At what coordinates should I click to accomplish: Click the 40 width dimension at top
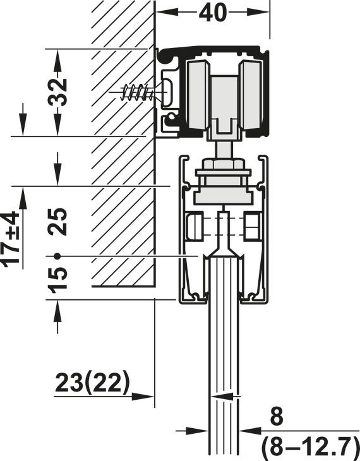pyautogui.click(x=213, y=13)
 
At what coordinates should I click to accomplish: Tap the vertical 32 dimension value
pyautogui.click(x=58, y=92)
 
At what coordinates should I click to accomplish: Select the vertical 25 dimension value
pyautogui.click(x=58, y=222)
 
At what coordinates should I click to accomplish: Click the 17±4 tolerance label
pyautogui.click(x=11, y=239)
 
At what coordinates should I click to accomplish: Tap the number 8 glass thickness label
pyautogui.click(x=277, y=416)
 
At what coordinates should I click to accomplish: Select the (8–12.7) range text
pyautogui.click(x=310, y=448)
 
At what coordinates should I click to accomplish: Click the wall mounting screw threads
pyautogui.click(x=138, y=92)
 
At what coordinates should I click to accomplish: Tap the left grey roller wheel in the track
pyautogui.click(x=198, y=95)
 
